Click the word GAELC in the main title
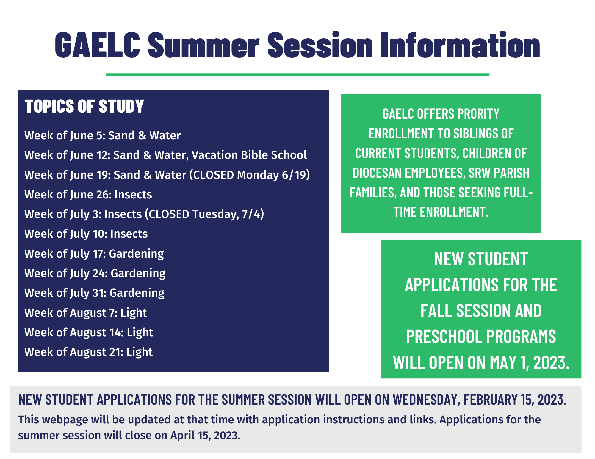pos(97,45)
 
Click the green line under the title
pos(297,75)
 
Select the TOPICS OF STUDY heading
pos(84,106)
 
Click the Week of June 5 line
pos(103,135)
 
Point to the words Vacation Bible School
pos(249,155)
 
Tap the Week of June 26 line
pos(88,195)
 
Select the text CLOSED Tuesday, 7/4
pos(204,214)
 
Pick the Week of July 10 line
pos(86,234)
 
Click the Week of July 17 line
pos(94,254)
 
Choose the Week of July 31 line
pos(94,293)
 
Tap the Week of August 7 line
pos(86,313)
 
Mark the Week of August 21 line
pos(89,352)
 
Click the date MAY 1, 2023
pos(529,363)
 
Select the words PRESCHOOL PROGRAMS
pos(481,337)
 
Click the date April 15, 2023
pos(205,436)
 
